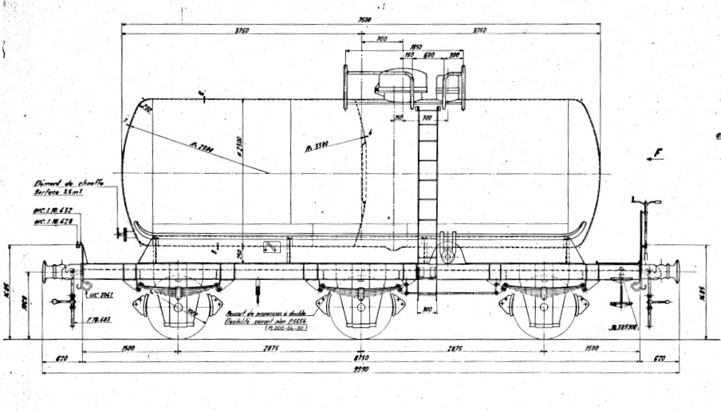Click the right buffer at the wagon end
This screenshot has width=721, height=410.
673,270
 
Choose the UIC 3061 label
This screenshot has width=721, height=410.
100,294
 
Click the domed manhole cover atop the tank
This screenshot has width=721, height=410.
396,83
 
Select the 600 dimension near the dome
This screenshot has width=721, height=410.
428,56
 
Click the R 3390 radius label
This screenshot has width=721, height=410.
317,148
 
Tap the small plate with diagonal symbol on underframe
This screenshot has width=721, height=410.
272,248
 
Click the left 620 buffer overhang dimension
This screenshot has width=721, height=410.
61,359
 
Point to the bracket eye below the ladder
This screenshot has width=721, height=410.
447,256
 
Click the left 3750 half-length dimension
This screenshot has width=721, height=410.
242,31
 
